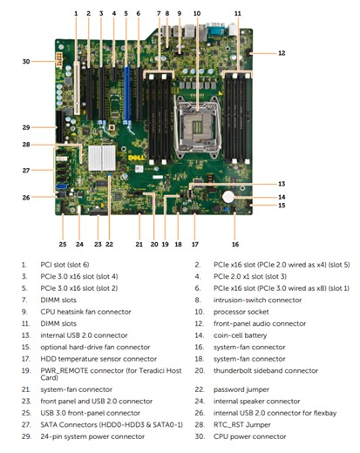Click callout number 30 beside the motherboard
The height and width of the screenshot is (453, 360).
(x=26, y=62)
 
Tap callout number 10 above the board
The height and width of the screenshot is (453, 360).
(x=197, y=13)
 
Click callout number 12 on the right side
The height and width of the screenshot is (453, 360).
(x=282, y=53)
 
